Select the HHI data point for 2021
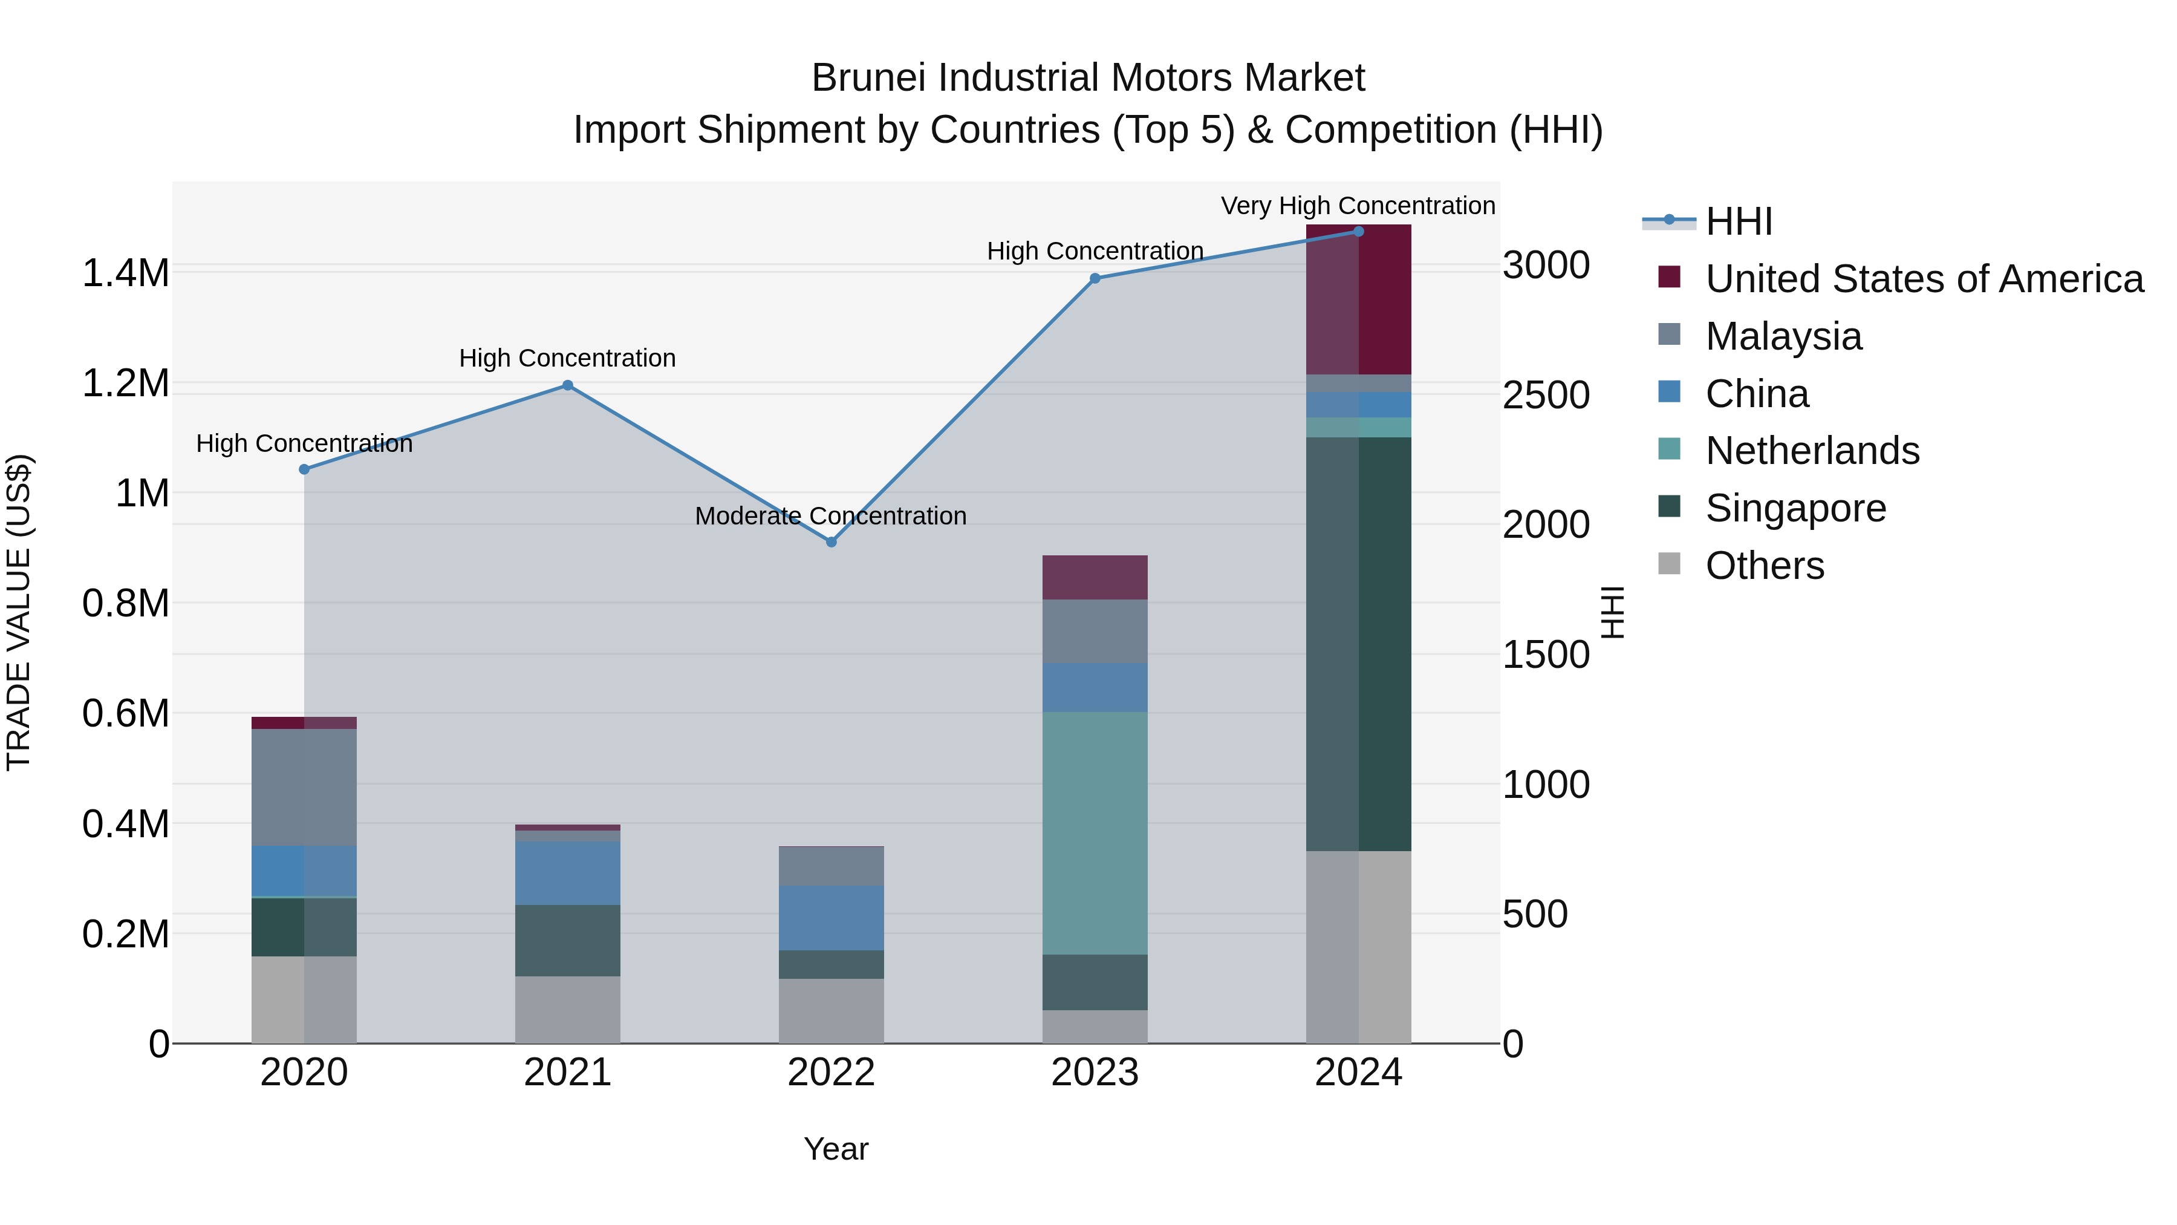tap(568, 385)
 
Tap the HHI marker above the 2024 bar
tap(1358, 231)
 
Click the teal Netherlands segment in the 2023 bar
tap(1095, 833)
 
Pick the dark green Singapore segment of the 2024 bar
tap(1358, 642)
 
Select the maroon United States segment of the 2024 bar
tap(1358, 300)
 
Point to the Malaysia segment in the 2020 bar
tap(304, 786)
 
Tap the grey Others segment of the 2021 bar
tap(568, 1010)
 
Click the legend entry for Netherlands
tap(1812, 451)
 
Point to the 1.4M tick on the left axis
tap(125, 273)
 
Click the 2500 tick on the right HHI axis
tap(1546, 395)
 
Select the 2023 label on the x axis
tap(1095, 1073)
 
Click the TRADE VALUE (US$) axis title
tap(19, 612)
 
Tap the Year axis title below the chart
tap(836, 1149)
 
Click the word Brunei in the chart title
tap(870, 78)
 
